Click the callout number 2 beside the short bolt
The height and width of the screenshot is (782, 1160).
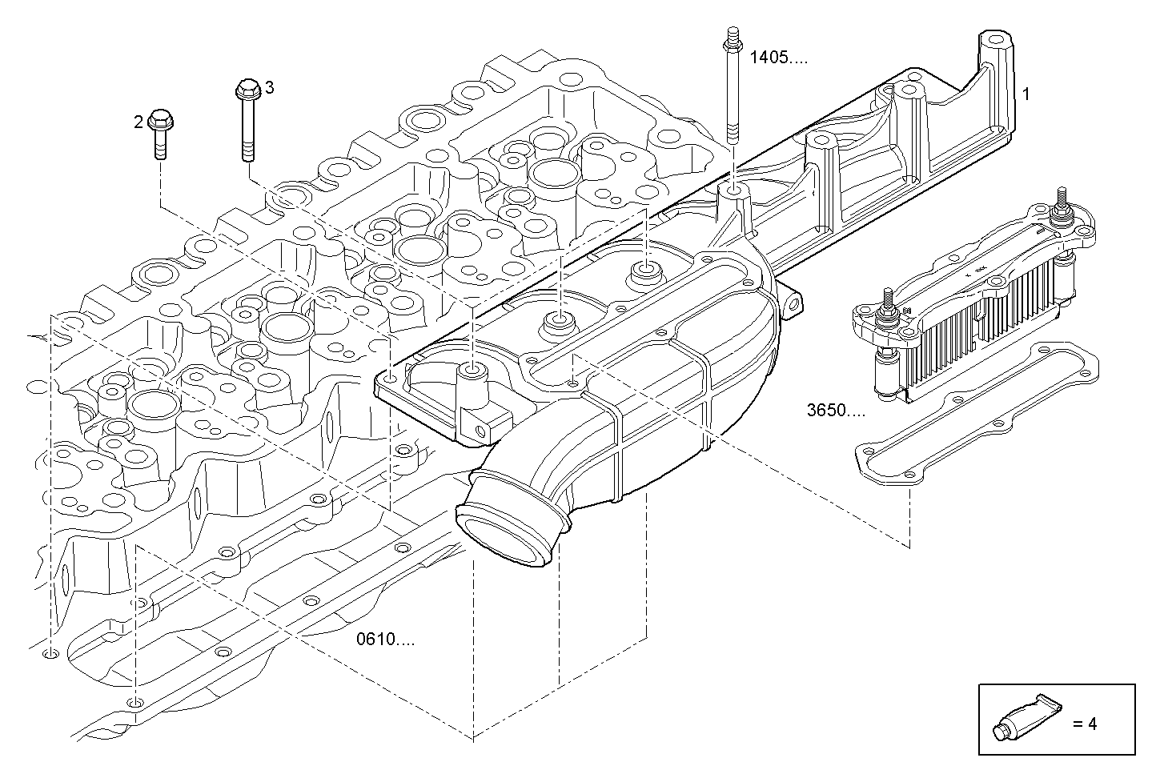[138, 122]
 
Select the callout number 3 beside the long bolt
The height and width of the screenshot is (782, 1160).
[270, 87]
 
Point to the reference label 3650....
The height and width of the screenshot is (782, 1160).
[836, 411]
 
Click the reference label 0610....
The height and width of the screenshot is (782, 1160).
[386, 640]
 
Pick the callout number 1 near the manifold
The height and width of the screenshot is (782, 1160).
[1026, 94]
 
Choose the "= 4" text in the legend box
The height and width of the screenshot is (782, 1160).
[1085, 724]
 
